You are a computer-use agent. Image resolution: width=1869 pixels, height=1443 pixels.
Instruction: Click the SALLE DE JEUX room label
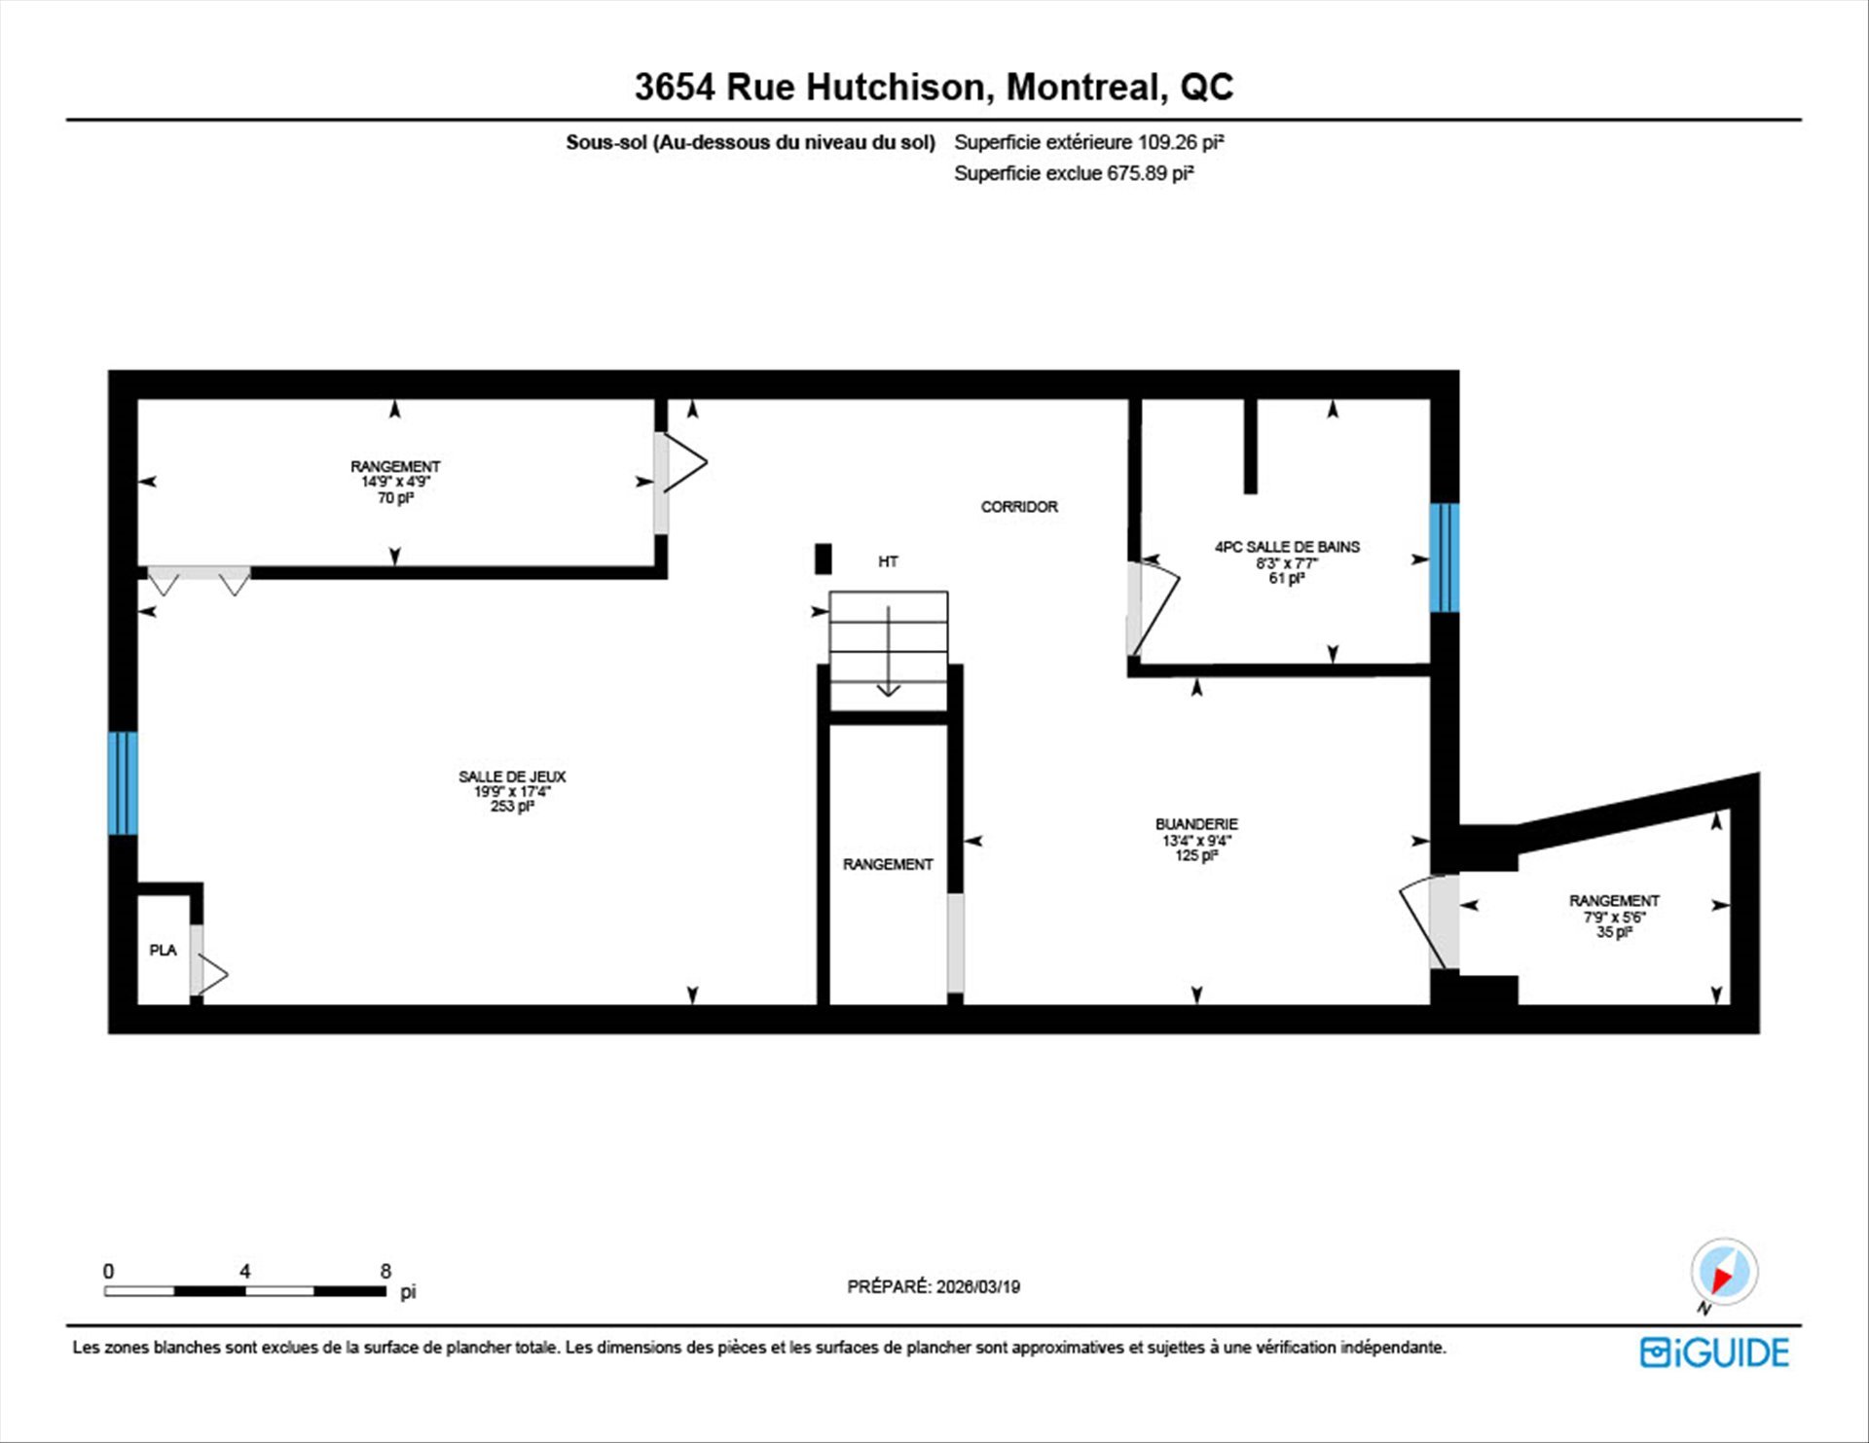[512, 776]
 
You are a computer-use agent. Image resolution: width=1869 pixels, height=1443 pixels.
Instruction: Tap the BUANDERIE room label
[1196, 824]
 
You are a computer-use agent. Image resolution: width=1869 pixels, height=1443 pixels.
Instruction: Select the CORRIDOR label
[1019, 507]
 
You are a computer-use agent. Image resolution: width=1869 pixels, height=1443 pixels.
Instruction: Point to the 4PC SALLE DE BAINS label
[1287, 547]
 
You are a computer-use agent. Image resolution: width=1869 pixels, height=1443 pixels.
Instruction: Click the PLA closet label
[163, 950]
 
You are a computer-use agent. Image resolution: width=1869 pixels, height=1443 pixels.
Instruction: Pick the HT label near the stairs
[888, 561]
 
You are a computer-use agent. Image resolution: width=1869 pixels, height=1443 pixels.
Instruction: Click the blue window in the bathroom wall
[1445, 558]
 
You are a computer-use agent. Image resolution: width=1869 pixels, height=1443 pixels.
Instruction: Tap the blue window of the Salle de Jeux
[123, 783]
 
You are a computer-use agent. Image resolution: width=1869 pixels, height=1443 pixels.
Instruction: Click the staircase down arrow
[889, 652]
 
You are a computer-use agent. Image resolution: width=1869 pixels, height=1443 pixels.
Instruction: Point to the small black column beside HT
[824, 559]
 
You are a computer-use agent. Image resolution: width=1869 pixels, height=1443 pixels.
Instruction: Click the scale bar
[245, 1291]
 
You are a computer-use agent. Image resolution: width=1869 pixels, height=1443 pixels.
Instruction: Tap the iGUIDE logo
[1714, 1353]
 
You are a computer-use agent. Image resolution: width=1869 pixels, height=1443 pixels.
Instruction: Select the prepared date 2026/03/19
[978, 1286]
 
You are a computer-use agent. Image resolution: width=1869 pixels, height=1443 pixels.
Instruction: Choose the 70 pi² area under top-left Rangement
[395, 498]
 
